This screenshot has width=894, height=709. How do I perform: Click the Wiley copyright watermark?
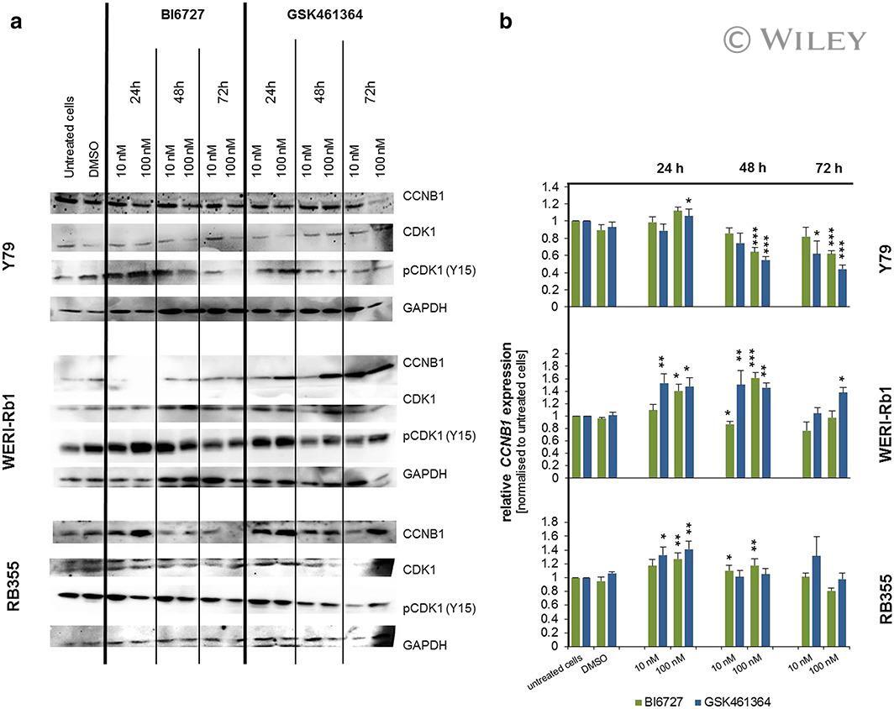792,39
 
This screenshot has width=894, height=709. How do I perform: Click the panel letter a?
15,23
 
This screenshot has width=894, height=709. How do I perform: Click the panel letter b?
506,23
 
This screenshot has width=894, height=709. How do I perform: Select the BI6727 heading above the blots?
176,15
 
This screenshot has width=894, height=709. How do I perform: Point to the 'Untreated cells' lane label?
70,135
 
